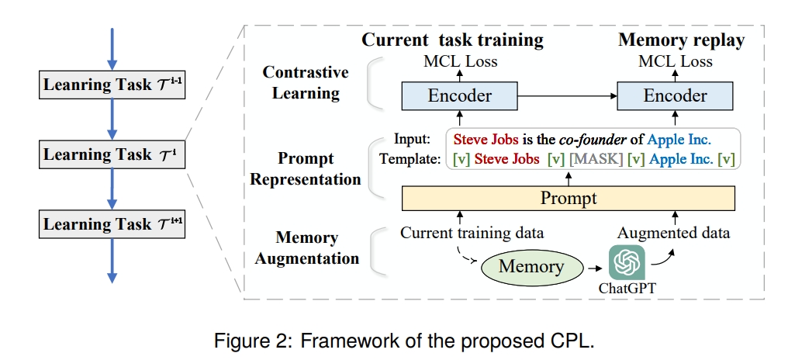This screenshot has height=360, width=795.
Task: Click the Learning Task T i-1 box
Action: pyautogui.click(x=112, y=84)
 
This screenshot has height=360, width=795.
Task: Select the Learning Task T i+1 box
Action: pyautogui.click(x=112, y=224)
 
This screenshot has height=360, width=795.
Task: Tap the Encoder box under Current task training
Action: pyautogui.click(x=459, y=96)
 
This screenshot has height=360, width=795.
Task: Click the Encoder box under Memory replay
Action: pyautogui.click(x=675, y=96)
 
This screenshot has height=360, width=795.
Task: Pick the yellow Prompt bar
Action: pyautogui.click(x=569, y=199)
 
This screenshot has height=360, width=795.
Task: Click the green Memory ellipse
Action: pyautogui.click(x=531, y=267)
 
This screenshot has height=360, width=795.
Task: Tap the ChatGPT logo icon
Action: pyautogui.click(x=627, y=262)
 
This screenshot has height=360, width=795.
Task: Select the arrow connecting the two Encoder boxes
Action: pyautogui.click(x=567, y=96)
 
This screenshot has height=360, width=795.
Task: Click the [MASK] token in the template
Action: pyautogui.click(x=596, y=159)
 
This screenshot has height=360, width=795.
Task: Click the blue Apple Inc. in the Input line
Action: pyautogui.click(x=679, y=140)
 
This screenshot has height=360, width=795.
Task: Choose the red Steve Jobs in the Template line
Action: pyautogui.click(x=507, y=159)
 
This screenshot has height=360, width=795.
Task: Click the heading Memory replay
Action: pyautogui.click(x=681, y=40)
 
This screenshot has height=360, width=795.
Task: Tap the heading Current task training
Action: pyautogui.click(x=452, y=40)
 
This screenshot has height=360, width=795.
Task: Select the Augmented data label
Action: pyautogui.click(x=673, y=233)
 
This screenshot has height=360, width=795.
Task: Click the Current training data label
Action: pyautogui.click(x=472, y=233)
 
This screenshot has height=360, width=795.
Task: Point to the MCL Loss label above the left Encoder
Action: pyautogui.click(x=461, y=61)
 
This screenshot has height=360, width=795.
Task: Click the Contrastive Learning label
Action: pyautogui.click(x=306, y=83)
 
